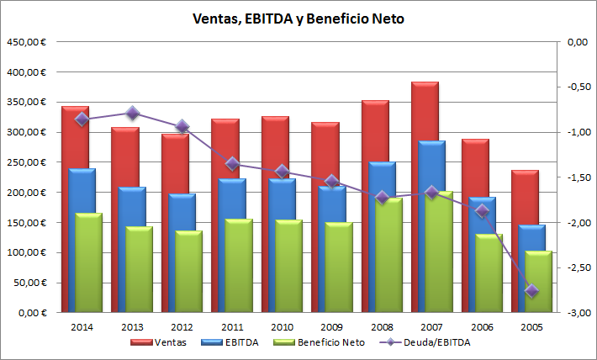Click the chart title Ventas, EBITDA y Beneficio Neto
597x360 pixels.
[x=298, y=19]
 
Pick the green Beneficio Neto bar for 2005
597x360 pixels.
[x=539, y=282]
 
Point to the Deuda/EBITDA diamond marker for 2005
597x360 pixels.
[x=531, y=290]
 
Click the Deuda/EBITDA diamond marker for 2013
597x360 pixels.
[x=132, y=113]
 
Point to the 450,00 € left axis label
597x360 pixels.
[x=26, y=42]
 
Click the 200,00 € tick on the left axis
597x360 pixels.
[x=26, y=193]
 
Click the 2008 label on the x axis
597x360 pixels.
[x=381, y=327]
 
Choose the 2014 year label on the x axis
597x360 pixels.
[x=82, y=327]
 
